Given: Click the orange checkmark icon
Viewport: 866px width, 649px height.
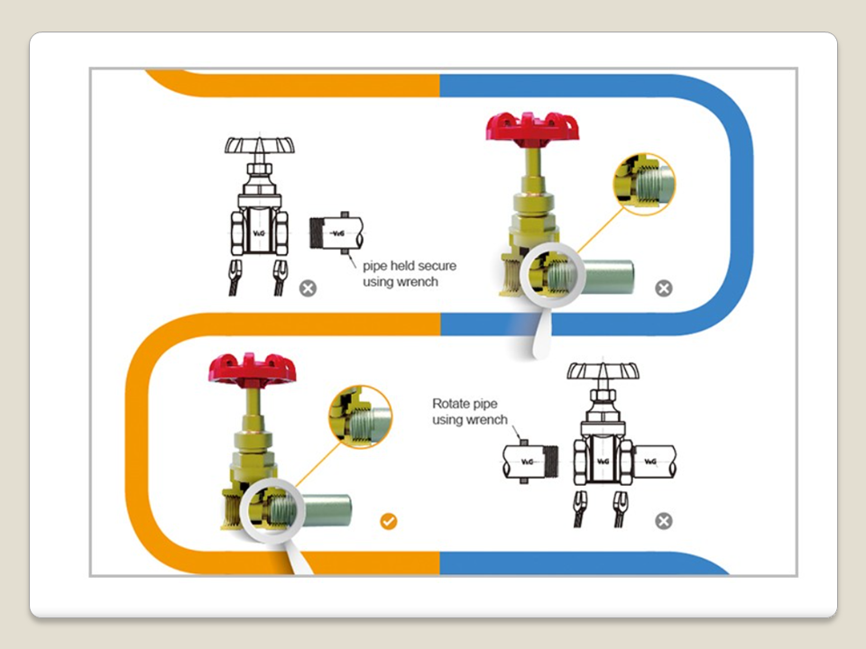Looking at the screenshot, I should [388, 522].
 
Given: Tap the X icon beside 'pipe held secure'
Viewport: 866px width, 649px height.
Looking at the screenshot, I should [309, 288].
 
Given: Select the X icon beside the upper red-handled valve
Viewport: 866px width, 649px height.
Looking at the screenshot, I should [663, 288].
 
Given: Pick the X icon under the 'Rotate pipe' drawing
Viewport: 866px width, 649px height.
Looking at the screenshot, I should [663, 521].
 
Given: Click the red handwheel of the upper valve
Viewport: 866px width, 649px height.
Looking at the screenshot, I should [532, 125].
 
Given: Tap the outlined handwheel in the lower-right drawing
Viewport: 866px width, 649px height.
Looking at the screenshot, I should [603, 371].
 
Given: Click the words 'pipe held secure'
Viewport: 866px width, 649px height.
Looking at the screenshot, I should [410, 266].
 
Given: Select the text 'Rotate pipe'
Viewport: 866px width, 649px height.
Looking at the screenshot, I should [465, 403].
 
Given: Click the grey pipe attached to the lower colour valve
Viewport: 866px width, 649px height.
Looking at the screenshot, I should [334, 508].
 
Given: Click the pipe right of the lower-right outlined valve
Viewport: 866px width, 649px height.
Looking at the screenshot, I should [655, 462].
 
